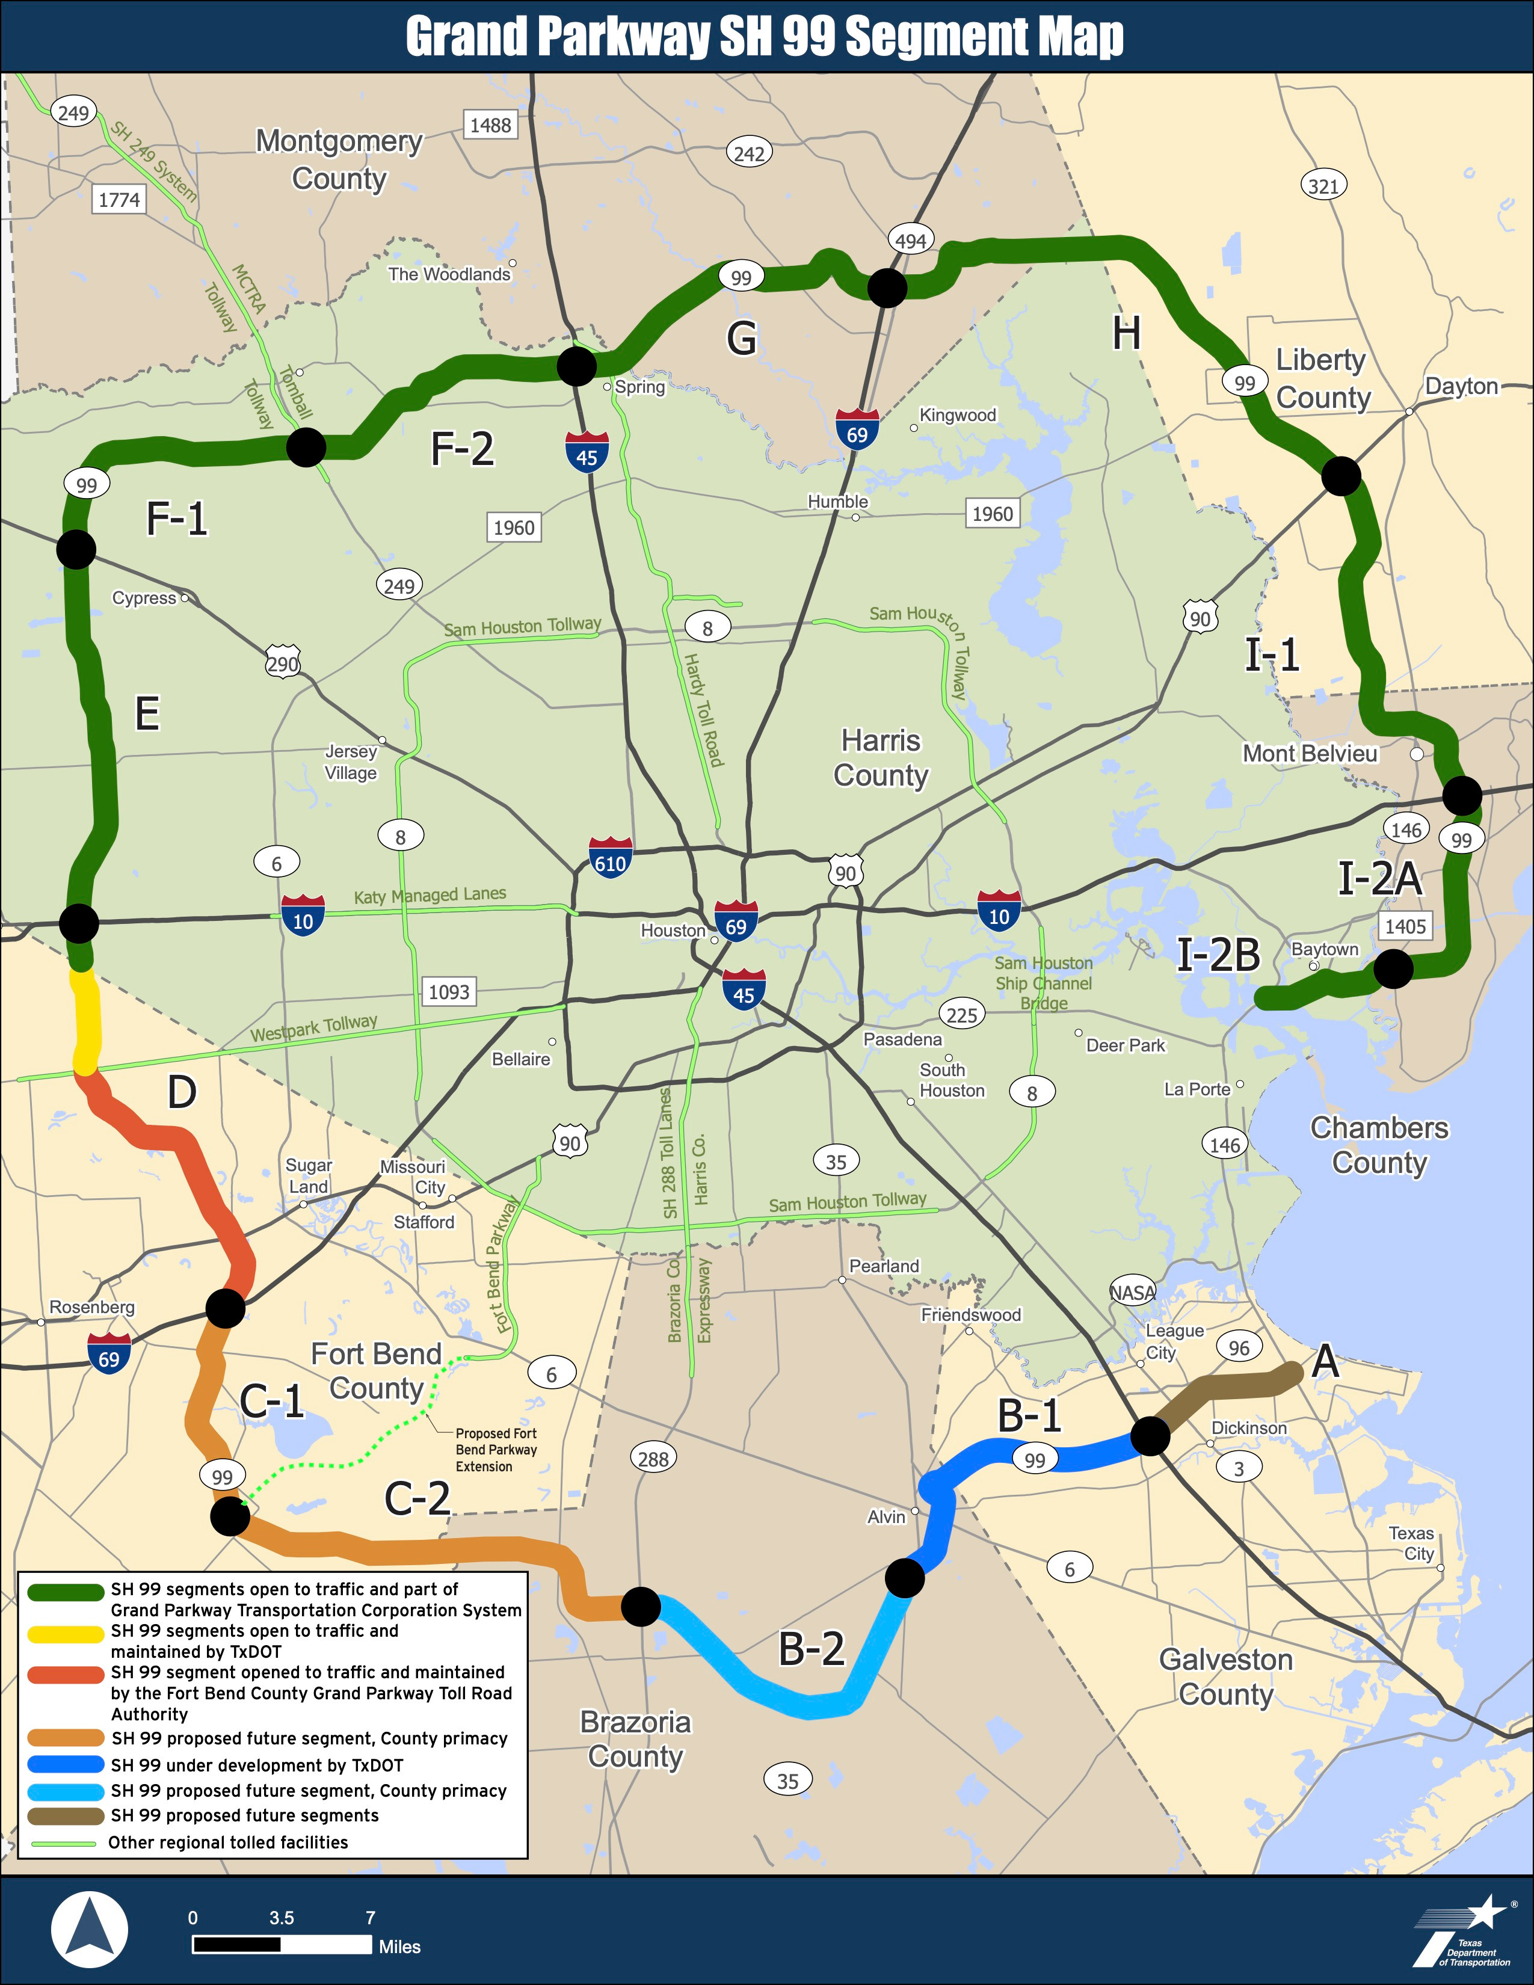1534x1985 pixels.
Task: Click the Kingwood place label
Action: pyautogui.click(x=958, y=416)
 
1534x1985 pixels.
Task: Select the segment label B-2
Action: pyautogui.click(x=812, y=1649)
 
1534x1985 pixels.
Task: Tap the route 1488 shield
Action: pyautogui.click(x=491, y=126)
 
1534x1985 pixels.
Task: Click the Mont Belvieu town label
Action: pyautogui.click(x=1310, y=754)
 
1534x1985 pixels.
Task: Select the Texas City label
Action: pyautogui.click(x=1411, y=1543)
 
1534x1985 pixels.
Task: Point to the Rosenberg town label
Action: pyautogui.click(x=92, y=1307)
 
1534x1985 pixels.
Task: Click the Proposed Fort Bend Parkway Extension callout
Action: pyautogui.click(x=496, y=1450)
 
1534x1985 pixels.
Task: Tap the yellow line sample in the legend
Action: pyautogui.click(x=66, y=1633)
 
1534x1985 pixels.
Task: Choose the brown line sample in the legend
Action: pyautogui.click(x=66, y=1816)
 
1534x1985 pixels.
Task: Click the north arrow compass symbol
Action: pyautogui.click(x=89, y=1928)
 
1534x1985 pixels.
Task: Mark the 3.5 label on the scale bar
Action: pyautogui.click(x=282, y=1918)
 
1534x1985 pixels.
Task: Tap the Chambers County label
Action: pyautogui.click(x=1379, y=1145)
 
